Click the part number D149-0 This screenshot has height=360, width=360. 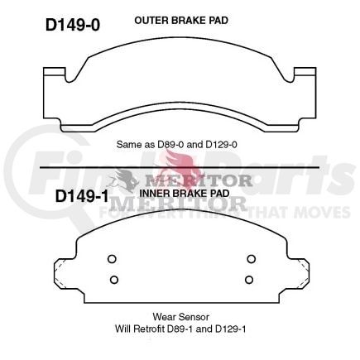(x=72, y=24)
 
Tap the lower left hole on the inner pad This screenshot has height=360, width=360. (x=113, y=277)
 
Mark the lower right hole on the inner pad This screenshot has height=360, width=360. (x=249, y=277)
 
